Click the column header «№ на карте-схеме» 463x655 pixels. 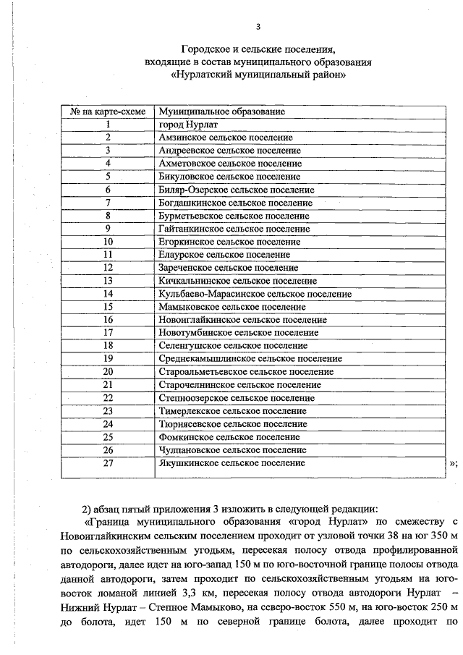click(107, 112)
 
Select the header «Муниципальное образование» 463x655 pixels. click(221, 112)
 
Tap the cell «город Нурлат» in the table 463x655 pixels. click(187, 124)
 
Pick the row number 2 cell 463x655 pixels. click(107, 138)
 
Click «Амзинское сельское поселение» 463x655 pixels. click(225, 138)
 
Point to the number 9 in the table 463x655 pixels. click(107, 229)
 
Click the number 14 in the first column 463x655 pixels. click(108, 294)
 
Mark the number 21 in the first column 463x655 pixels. click(108, 384)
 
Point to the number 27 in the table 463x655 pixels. click(108, 463)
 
